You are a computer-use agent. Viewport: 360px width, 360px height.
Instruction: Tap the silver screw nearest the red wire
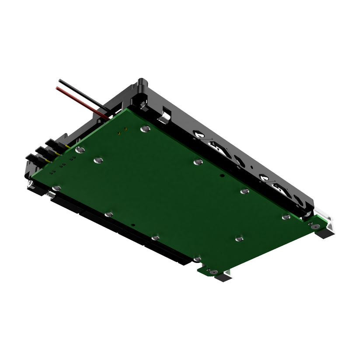[x=146, y=129]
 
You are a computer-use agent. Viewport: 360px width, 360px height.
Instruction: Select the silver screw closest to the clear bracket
[x=286, y=217]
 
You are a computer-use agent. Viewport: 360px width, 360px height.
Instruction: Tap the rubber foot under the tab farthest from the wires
[x=224, y=277]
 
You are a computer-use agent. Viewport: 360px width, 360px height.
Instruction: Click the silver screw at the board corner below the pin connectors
[x=56, y=188]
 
